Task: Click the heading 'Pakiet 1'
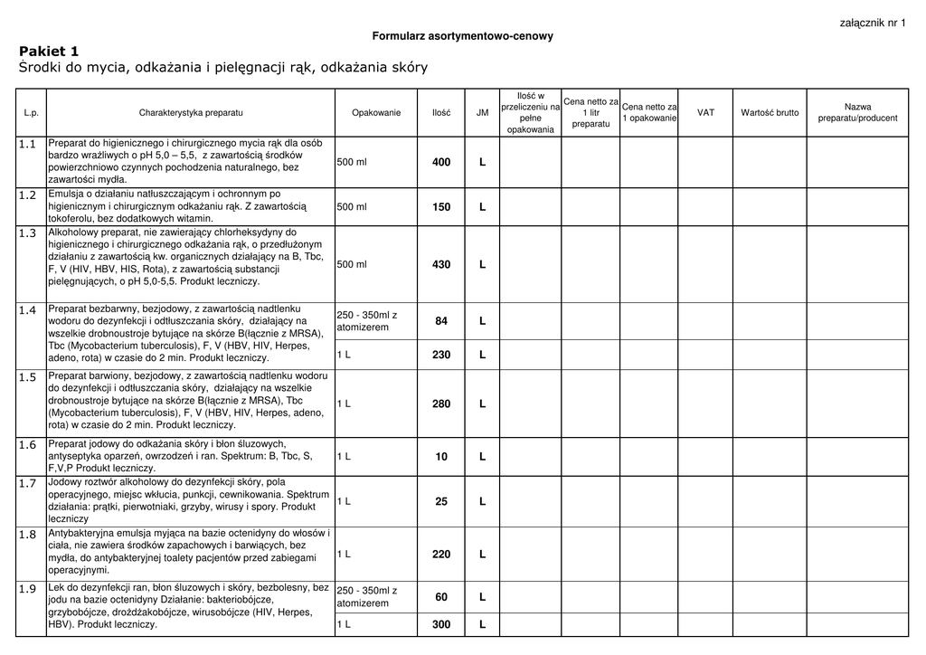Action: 49,52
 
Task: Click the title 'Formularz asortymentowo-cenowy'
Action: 462,36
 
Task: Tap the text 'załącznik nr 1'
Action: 873,23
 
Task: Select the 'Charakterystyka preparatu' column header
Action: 191,113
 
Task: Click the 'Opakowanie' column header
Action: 376,113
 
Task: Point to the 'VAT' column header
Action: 705,113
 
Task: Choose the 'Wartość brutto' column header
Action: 770,113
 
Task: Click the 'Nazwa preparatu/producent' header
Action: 857,113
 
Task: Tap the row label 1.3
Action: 27,233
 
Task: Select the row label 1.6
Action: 27,445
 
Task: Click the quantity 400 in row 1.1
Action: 441,162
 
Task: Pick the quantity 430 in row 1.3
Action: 441,264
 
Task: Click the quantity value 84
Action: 441,321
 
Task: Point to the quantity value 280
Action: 441,403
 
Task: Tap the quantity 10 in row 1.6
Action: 441,457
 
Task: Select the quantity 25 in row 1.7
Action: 441,501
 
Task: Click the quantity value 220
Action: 441,554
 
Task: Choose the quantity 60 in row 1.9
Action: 441,597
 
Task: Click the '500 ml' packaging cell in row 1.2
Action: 352,207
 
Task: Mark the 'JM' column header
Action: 482,113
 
